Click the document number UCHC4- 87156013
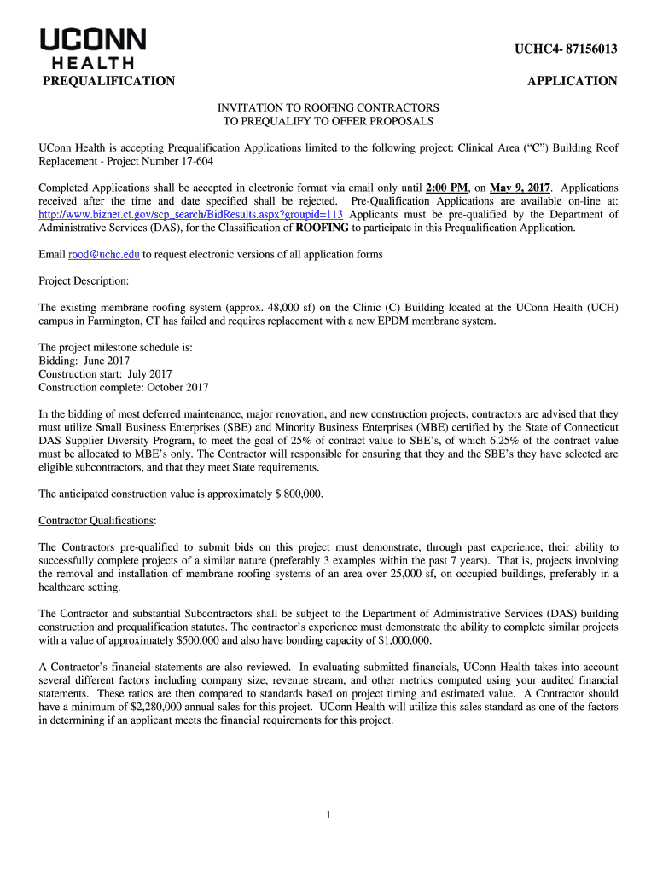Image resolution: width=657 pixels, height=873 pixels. [x=565, y=50]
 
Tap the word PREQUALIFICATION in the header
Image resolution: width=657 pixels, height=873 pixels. [x=109, y=82]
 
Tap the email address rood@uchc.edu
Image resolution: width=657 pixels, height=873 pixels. [x=104, y=254]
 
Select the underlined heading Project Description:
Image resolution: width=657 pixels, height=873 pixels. [x=84, y=281]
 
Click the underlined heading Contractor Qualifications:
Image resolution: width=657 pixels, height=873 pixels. [x=98, y=520]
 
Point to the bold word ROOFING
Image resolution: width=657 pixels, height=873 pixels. [x=322, y=228]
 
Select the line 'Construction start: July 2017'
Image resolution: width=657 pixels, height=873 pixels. [x=105, y=374]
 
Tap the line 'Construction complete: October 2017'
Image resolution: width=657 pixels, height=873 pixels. [x=124, y=388]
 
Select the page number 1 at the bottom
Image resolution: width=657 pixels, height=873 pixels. [x=328, y=815]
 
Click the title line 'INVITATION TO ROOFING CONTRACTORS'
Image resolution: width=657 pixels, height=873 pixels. [x=328, y=108]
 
